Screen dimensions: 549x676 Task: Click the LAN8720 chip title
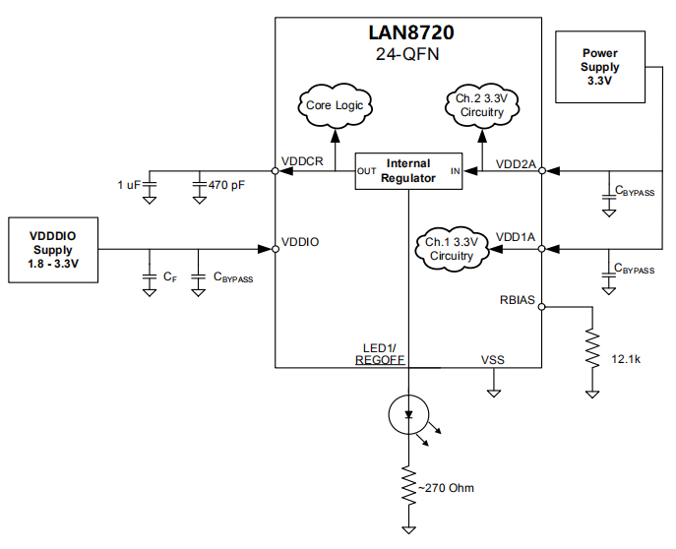coord(408,32)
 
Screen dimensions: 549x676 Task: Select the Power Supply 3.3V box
coord(599,67)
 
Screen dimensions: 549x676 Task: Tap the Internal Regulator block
coord(408,170)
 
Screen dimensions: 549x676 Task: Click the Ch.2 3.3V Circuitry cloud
coord(481,105)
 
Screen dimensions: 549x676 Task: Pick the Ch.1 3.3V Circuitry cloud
coord(451,249)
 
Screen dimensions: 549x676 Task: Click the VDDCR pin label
coord(302,161)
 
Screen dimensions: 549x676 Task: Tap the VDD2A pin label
coord(516,163)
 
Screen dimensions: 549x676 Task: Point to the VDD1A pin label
coord(516,237)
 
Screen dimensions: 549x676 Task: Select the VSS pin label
coord(492,360)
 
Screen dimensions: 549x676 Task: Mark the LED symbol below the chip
coord(407,416)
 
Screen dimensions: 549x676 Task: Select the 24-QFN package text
coord(408,55)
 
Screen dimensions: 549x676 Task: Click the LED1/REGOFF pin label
coord(382,354)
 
